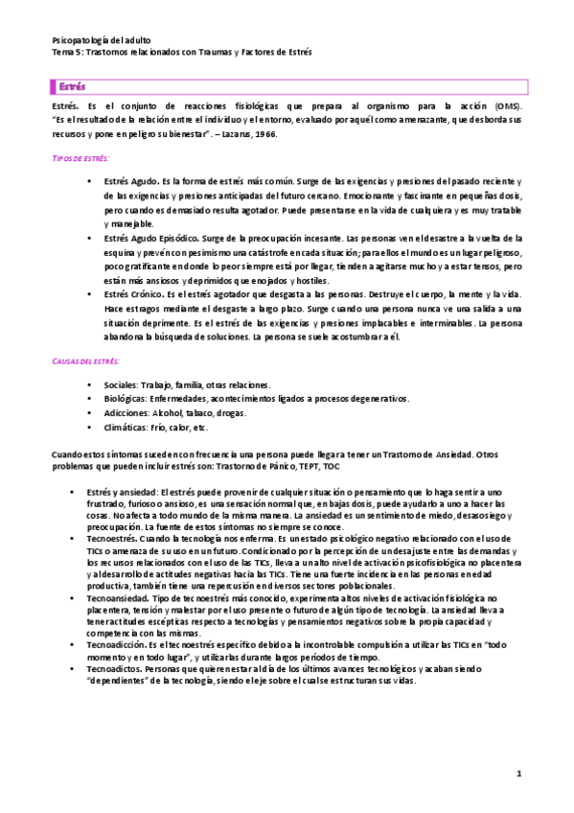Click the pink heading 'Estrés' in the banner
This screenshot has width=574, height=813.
point(71,85)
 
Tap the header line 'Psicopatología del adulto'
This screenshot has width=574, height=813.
point(103,39)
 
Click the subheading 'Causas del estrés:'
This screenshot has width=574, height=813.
point(85,360)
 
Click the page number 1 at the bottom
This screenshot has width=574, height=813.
point(517,773)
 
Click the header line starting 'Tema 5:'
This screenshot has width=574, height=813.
point(181,52)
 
